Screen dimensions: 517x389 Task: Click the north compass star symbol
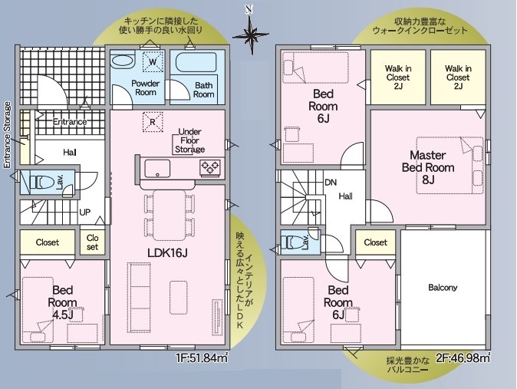tap(251, 34)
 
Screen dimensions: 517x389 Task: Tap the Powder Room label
tap(146, 87)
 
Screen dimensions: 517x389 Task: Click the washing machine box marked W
tap(153, 61)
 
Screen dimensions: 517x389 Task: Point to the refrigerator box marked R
tap(153, 122)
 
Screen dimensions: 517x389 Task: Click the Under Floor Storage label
tap(189, 140)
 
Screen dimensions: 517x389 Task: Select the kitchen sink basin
tap(157, 169)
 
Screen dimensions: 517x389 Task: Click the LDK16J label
tap(167, 253)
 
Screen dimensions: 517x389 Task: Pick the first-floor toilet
tap(41, 182)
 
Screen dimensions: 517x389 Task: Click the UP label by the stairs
tap(84, 213)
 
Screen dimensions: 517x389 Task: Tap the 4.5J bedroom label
tap(62, 302)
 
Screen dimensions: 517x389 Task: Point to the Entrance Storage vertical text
tap(7, 135)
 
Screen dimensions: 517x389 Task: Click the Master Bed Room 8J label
tap(428, 167)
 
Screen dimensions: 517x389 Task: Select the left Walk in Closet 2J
tap(398, 77)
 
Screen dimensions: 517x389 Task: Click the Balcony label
tap(443, 288)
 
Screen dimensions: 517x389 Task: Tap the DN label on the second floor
tap(331, 182)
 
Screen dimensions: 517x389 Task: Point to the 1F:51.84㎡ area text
tap(202, 358)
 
